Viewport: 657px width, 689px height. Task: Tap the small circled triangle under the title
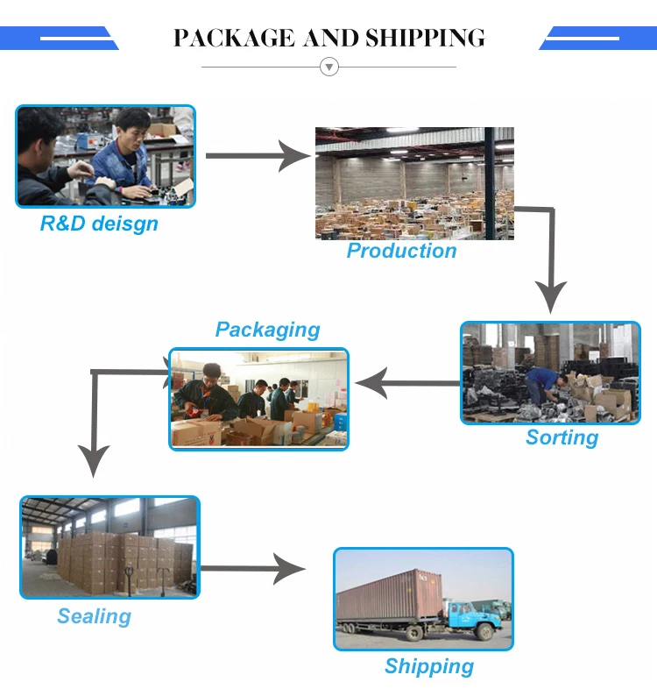[x=329, y=67]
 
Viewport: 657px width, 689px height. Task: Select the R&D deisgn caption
[x=99, y=224]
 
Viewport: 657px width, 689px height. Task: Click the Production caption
[x=401, y=251]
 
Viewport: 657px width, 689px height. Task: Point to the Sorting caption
[x=562, y=437]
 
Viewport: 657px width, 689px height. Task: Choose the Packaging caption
[x=267, y=330]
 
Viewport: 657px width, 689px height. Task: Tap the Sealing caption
[x=94, y=616]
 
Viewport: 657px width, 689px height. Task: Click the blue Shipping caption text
[x=428, y=666]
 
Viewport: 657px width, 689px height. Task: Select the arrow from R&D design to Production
[x=258, y=157]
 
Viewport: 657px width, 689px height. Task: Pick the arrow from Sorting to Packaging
[x=407, y=383]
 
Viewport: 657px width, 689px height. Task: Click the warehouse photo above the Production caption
[x=414, y=182]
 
